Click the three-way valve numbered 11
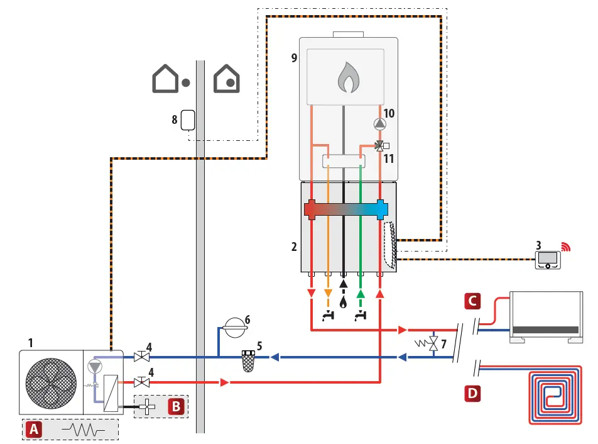(x=380, y=146)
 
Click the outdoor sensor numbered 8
(x=187, y=120)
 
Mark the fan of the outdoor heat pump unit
(x=51, y=384)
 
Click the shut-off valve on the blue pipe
(x=141, y=357)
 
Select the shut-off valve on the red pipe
(x=141, y=382)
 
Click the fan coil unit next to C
(x=545, y=317)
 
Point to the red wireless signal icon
(x=567, y=246)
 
